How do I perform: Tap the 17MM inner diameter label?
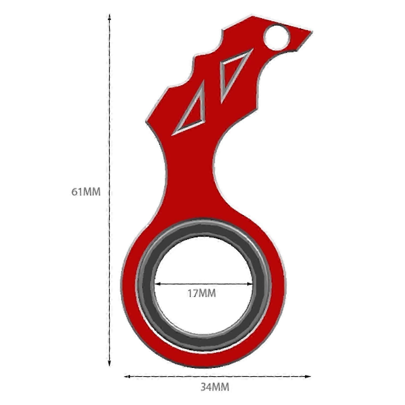click(202, 293)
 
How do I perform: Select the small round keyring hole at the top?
click(276, 37)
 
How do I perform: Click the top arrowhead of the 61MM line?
click(109, 17)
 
